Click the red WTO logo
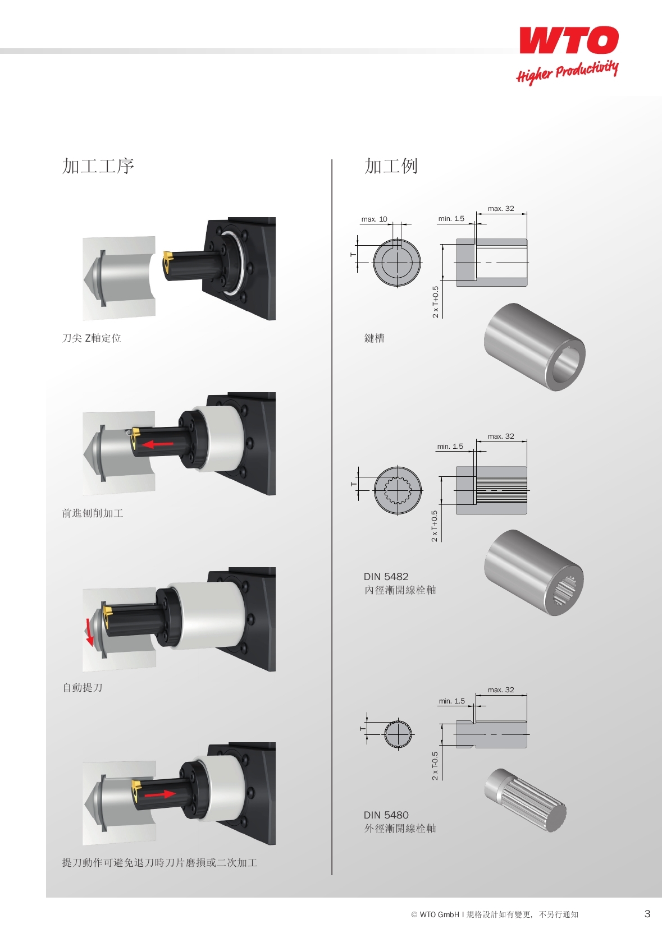click(x=569, y=40)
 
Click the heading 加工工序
click(x=98, y=166)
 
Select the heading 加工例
click(x=391, y=166)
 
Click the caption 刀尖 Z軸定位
click(x=92, y=338)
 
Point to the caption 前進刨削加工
click(x=93, y=513)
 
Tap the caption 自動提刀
click(x=83, y=687)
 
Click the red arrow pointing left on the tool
click(x=158, y=444)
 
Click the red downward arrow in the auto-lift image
click(x=88, y=632)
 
